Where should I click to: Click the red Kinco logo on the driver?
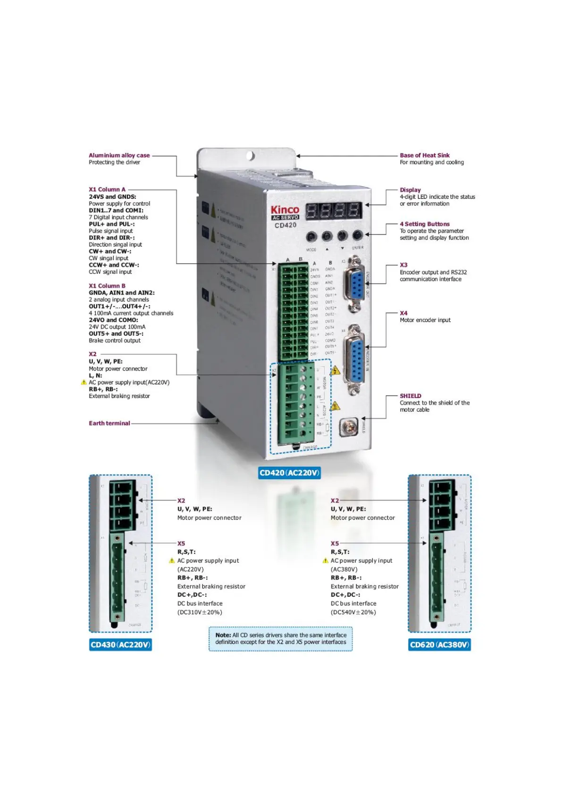coord(285,209)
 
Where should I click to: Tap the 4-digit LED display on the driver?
coord(334,211)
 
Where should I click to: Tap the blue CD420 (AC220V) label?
coord(289,473)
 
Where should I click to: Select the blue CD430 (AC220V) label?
coord(120,645)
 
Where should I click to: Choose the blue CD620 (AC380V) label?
coord(439,645)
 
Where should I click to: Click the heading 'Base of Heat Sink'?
coord(424,155)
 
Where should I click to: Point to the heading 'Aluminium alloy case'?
coord(119,155)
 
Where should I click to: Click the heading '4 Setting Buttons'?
coord(424,224)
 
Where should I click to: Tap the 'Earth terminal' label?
coord(109,423)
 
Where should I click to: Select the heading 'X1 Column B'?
coord(107,286)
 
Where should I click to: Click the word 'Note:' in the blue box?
coord(223,635)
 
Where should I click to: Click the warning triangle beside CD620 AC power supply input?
coord(325,561)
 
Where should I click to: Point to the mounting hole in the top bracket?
coord(251,155)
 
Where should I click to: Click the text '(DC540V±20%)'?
coord(353,612)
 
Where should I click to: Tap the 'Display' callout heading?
coord(410,190)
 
